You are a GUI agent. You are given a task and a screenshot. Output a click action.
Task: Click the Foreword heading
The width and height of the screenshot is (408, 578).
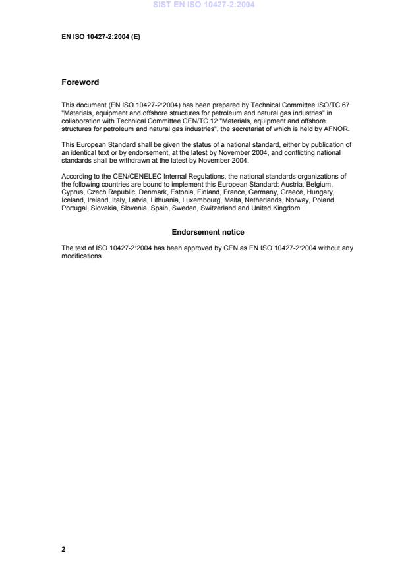pos(80,82)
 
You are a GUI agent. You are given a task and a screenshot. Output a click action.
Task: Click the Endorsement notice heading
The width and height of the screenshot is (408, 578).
pos(208,232)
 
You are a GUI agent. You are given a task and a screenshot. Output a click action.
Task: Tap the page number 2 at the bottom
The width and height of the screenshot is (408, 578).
pos(63,548)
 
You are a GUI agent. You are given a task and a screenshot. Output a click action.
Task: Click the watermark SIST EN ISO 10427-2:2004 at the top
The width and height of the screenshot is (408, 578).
pos(204,5)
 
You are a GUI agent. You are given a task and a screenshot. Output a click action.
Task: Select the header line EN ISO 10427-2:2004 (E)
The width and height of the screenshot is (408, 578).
pos(101,37)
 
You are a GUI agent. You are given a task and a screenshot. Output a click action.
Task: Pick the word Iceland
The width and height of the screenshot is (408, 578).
pos(73,200)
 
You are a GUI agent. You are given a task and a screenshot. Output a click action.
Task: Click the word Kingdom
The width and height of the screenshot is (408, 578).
pos(287,208)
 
